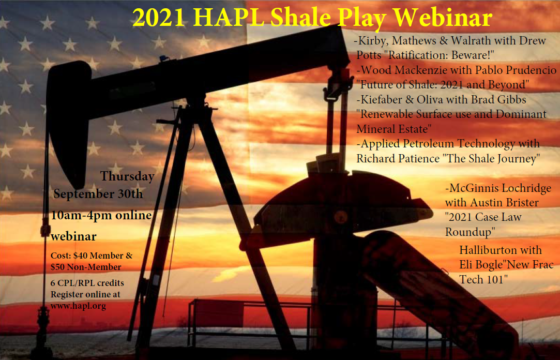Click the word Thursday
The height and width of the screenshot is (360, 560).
pyautogui.click(x=127, y=176)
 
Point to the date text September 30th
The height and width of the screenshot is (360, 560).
pyautogui.click(x=98, y=194)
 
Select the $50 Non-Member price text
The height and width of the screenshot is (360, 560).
pyautogui.click(x=86, y=267)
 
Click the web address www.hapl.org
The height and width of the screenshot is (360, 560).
pyautogui.click(x=78, y=306)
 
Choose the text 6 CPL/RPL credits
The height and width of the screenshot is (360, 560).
pyautogui.click(x=87, y=283)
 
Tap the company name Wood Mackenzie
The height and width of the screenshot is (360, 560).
pyautogui.click(x=402, y=70)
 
